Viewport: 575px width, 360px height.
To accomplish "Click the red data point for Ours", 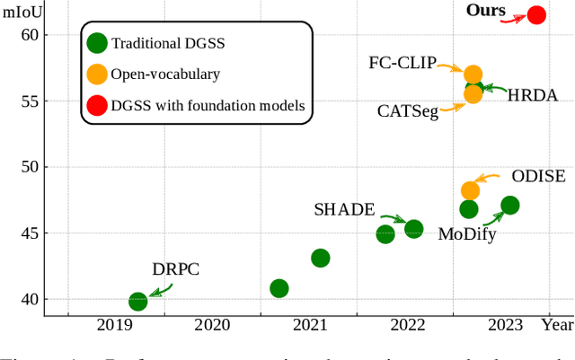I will (x=536, y=14).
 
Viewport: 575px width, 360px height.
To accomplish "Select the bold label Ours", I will (x=486, y=11).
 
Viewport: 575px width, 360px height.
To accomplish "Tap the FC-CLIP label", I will (x=402, y=63).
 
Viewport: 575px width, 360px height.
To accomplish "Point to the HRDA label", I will (x=533, y=94).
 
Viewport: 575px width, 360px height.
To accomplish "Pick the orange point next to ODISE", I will (x=470, y=190).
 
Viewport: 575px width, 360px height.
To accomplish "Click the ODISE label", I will (x=538, y=176).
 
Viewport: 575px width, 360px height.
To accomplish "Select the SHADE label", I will (x=344, y=209).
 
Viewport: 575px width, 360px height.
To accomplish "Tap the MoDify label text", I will (x=467, y=234).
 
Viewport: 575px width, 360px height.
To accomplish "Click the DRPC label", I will (x=175, y=268).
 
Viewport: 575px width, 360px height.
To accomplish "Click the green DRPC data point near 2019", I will (x=137, y=302).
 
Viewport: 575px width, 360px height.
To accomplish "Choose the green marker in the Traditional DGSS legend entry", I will (x=96, y=42).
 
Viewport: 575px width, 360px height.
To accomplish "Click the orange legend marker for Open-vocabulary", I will (x=96, y=74).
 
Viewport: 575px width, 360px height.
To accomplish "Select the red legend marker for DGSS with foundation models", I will (x=96, y=106).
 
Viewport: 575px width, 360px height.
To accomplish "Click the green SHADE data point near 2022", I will (x=413, y=229).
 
